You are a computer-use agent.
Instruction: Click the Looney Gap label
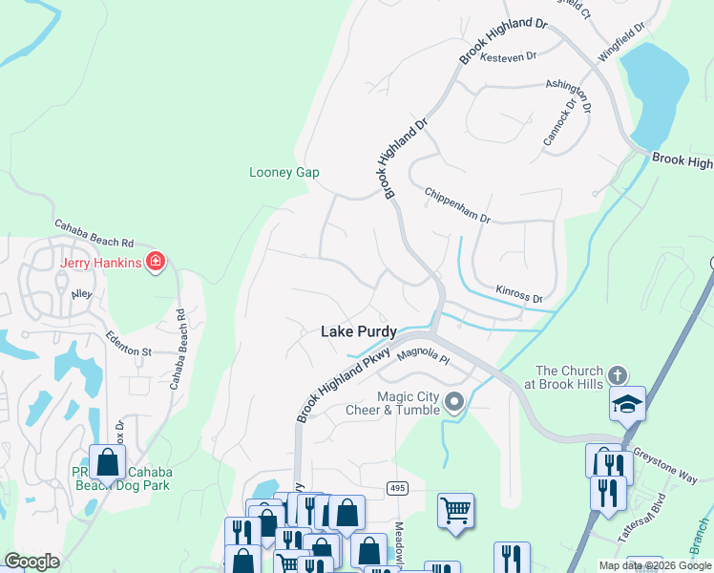[x=283, y=173]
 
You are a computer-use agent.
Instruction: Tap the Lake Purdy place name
[x=358, y=331]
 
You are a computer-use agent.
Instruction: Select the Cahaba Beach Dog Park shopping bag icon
[x=108, y=462]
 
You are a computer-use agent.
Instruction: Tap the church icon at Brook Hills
[x=618, y=375]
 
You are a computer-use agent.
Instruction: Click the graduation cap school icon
[x=628, y=403]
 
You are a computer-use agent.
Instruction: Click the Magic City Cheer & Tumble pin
[x=454, y=401]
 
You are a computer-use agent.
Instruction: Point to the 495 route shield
[x=398, y=488]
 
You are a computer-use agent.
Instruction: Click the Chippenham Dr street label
[x=457, y=203]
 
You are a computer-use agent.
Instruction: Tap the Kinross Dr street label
[x=519, y=292]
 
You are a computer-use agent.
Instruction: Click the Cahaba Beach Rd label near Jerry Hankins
[x=94, y=237]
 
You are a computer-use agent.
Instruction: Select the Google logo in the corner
[x=31, y=562]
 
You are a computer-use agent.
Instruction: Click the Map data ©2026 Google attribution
[x=655, y=565]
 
